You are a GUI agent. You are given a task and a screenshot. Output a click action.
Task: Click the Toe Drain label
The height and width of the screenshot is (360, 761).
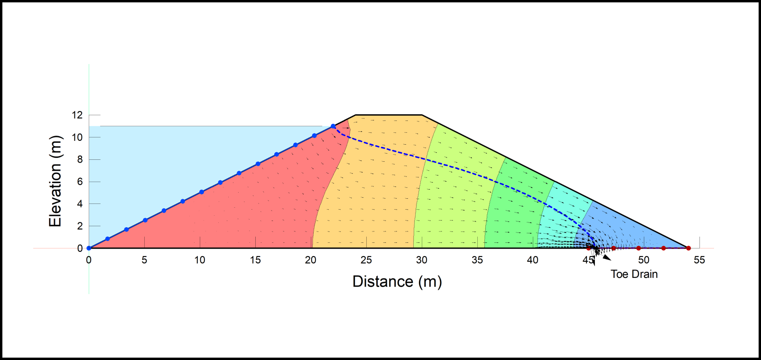pos(634,274)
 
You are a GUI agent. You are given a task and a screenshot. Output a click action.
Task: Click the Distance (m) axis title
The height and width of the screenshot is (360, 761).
pos(397,282)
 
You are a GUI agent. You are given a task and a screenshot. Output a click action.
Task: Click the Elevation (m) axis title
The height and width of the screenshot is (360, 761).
pos(56,181)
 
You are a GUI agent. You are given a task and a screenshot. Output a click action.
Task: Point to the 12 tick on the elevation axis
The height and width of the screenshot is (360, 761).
pos(77,115)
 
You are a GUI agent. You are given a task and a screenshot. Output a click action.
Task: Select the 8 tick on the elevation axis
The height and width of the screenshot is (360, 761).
pos(80,159)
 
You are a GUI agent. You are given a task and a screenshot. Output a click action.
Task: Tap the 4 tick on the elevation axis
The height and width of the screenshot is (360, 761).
pos(80,203)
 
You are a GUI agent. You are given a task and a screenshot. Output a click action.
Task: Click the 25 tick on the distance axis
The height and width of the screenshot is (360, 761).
pos(366,260)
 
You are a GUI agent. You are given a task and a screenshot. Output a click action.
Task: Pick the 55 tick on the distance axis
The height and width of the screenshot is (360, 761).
pos(699,260)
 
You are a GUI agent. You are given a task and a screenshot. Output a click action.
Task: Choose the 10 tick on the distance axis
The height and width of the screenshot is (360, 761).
pos(200,260)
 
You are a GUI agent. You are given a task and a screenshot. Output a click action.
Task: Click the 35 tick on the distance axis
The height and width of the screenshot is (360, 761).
pos(477,260)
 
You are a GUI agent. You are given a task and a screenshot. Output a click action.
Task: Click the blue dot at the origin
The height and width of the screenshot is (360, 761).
pos(89,248)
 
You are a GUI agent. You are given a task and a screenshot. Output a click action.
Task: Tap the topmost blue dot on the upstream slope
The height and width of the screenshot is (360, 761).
pos(333,127)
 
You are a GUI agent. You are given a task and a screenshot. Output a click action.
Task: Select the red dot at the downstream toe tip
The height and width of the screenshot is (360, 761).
pos(688,248)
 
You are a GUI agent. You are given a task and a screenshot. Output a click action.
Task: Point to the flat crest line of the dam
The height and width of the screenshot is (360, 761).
pos(389,115)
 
